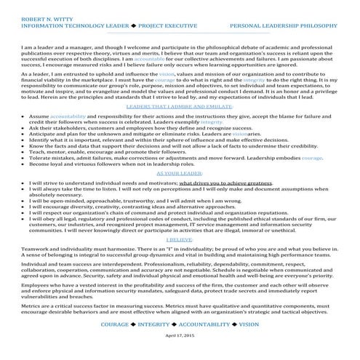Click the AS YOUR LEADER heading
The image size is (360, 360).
point(179,175)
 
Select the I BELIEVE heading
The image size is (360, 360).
point(179,239)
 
